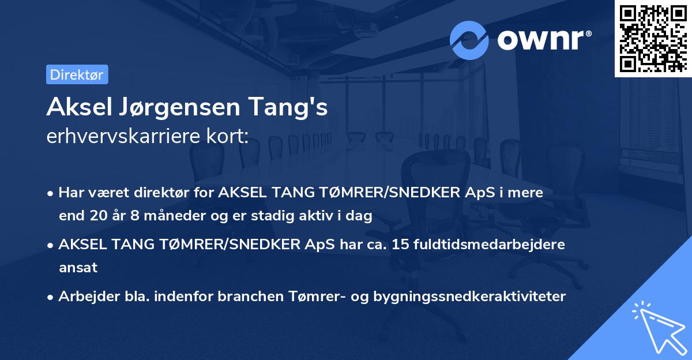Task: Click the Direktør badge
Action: tap(77, 74)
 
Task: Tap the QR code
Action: tap(653, 38)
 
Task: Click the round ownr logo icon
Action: tap(469, 40)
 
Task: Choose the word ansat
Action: tap(78, 268)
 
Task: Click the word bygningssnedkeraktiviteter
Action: tap(469, 297)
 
